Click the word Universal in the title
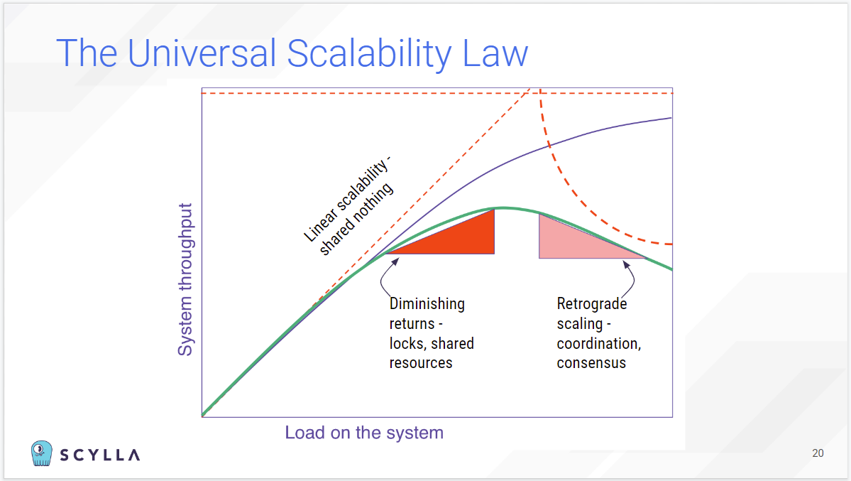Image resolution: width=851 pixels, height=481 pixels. coord(202,53)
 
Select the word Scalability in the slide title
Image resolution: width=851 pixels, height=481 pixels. coord(369,54)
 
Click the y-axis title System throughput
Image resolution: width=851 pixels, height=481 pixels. coord(185,279)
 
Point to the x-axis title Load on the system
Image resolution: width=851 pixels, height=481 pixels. coord(364,433)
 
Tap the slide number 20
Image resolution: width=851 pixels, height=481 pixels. coord(818,453)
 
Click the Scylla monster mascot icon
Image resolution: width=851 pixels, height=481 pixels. coord(42,453)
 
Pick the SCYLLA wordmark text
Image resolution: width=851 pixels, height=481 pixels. coord(100,455)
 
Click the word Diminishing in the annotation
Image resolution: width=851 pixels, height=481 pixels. coord(427,303)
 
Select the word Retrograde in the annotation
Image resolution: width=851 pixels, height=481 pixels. coord(592,303)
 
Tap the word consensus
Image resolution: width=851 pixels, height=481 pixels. coord(591,362)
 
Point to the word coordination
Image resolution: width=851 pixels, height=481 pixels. coord(598,343)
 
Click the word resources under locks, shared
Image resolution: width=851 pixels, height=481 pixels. coord(421,362)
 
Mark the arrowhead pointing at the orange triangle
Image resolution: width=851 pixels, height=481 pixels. coord(395,261)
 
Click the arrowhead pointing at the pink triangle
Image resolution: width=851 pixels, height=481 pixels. coord(626,265)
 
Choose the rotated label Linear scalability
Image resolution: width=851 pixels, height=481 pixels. coord(346,199)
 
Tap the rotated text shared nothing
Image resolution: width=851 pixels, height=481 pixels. coord(356,219)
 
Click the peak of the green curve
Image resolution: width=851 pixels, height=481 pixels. coord(504,207)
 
